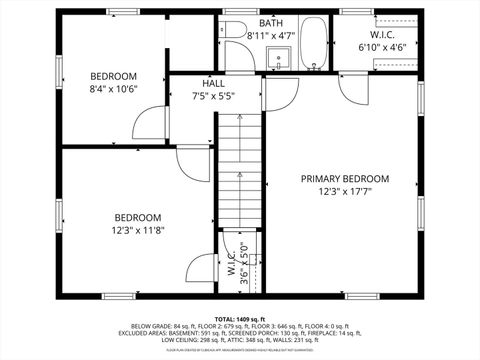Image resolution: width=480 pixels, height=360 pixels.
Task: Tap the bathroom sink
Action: coord(282,57)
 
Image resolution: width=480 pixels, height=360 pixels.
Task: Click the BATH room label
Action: coord(270,23)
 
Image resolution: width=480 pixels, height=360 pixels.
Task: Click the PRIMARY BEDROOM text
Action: coord(345,178)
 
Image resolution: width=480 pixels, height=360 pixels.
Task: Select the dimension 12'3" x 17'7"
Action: coord(345,191)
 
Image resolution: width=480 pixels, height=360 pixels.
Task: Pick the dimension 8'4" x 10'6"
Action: coord(113,88)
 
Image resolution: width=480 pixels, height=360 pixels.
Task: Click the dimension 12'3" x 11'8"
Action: coord(137,229)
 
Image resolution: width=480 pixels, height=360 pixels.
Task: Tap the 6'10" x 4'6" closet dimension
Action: coord(382,46)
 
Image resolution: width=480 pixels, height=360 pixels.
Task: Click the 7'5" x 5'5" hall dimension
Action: coord(212,97)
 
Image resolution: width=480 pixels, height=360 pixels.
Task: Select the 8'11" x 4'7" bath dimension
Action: coord(270,36)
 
